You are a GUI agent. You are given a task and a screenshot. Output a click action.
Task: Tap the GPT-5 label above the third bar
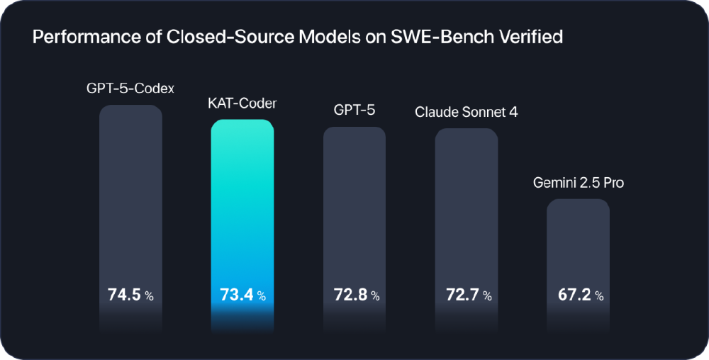354,111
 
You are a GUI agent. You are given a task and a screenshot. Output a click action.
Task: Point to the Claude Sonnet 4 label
466,112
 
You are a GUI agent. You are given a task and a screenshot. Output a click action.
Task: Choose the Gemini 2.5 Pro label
578,183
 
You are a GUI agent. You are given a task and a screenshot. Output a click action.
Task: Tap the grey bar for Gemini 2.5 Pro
578,241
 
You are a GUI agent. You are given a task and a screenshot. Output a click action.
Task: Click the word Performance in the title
78,37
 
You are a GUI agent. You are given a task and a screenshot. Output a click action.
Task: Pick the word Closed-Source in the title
198,37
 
